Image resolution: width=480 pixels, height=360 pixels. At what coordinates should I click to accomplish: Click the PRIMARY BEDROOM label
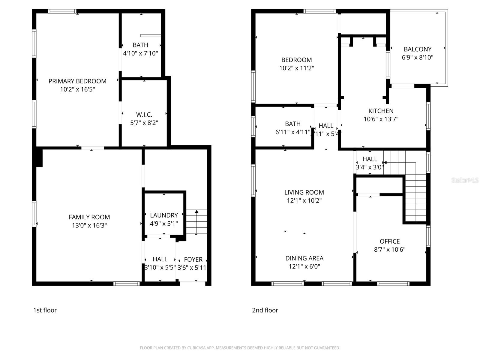click(77, 81)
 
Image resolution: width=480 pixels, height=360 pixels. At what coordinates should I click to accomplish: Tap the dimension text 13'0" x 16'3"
click(89, 225)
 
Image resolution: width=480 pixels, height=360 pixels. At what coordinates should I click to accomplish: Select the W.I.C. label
click(144, 115)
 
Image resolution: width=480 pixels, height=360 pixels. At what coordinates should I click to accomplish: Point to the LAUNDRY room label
click(164, 215)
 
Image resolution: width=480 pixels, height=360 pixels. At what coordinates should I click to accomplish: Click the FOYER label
click(193, 259)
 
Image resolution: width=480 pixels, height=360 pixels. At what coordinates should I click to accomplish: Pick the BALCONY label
click(418, 49)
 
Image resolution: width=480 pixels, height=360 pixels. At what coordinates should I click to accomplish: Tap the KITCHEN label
click(381, 111)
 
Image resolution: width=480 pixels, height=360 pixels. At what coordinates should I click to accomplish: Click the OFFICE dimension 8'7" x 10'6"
click(389, 249)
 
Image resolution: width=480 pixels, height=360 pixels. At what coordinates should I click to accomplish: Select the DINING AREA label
click(304, 258)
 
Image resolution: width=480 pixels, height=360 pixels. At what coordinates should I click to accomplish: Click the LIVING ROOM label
click(304, 192)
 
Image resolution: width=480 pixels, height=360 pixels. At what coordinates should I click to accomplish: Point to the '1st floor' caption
click(45, 310)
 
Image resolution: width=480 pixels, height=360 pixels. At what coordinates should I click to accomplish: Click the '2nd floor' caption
click(265, 310)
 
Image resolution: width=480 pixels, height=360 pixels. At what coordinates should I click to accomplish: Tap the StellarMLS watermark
click(465, 180)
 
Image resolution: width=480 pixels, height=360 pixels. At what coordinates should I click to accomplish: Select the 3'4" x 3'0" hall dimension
click(370, 167)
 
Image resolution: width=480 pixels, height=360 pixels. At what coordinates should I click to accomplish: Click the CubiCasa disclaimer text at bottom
click(240, 348)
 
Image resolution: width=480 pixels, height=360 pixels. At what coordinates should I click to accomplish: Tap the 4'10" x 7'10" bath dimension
click(140, 53)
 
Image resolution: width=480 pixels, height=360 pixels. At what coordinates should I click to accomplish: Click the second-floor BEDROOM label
click(296, 60)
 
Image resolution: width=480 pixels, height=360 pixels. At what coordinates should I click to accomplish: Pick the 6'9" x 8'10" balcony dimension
click(418, 57)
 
